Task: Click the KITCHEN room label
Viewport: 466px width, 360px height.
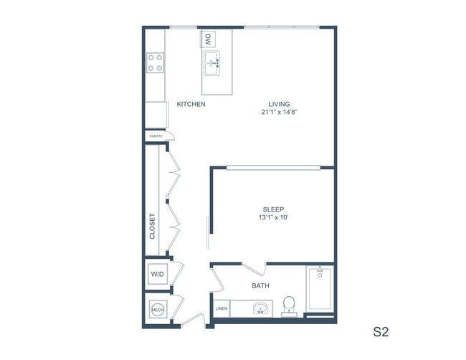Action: click(191, 104)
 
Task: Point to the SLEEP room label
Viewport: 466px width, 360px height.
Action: click(273, 209)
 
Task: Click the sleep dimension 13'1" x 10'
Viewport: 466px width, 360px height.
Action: click(273, 218)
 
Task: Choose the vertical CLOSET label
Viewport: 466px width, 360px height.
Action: click(152, 226)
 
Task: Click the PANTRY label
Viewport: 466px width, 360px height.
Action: click(156, 136)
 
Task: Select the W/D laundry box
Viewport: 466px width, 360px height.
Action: click(157, 274)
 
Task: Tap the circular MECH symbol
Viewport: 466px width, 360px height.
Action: click(157, 310)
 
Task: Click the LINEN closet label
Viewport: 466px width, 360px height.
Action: click(221, 309)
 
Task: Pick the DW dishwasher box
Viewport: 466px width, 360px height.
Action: click(208, 39)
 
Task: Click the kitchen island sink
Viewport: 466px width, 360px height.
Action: click(213, 64)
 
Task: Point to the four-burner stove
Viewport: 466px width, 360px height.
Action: click(155, 63)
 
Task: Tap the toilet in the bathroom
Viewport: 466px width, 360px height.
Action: click(290, 305)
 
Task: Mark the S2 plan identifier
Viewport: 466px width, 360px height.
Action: click(381, 332)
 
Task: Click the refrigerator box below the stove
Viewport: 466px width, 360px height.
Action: click(156, 113)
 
